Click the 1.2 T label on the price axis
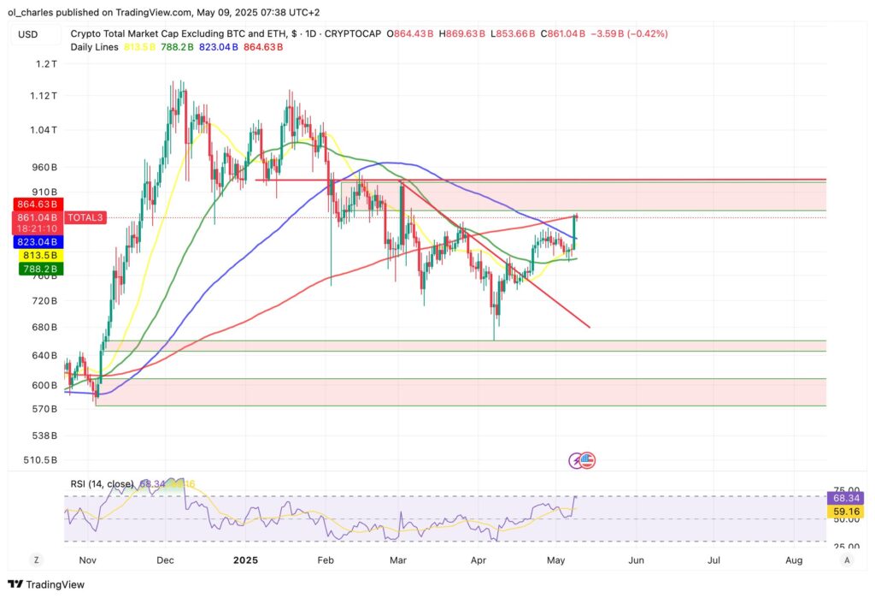coord(45,64)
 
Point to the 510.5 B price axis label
coord(40,460)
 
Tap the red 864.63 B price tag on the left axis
coord(37,205)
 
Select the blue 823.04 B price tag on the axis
coord(37,242)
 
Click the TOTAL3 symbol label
coord(87,218)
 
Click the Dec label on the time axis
coord(166,560)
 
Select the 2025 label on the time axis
coord(245,560)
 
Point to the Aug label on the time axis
coord(794,560)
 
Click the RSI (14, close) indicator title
coord(102,484)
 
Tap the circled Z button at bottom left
coord(37,560)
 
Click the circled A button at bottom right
coord(846,560)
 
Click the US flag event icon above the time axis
coord(586,460)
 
